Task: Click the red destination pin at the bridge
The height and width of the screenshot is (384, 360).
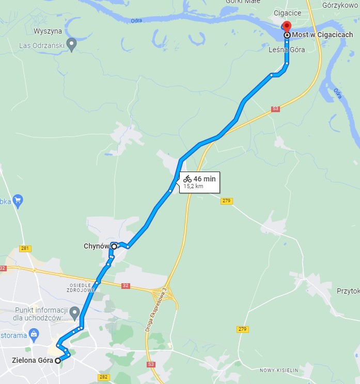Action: [287, 26]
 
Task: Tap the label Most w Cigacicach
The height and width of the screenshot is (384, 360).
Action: [322, 35]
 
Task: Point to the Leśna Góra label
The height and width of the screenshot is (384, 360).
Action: [287, 50]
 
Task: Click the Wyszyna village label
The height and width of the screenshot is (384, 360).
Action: [44, 31]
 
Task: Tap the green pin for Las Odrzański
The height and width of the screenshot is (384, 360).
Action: [72, 44]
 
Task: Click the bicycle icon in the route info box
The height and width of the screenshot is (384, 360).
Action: [187, 179]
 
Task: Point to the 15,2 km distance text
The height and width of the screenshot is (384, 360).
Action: [193, 187]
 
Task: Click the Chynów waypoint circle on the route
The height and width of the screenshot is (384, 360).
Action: [114, 247]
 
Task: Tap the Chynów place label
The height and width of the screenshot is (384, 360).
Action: [96, 247]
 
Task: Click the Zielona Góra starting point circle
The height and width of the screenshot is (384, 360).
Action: [58, 360]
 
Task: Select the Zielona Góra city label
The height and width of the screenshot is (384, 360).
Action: [32, 360]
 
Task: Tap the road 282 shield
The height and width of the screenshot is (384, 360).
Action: [103, 377]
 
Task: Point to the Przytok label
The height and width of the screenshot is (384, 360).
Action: [348, 291]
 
